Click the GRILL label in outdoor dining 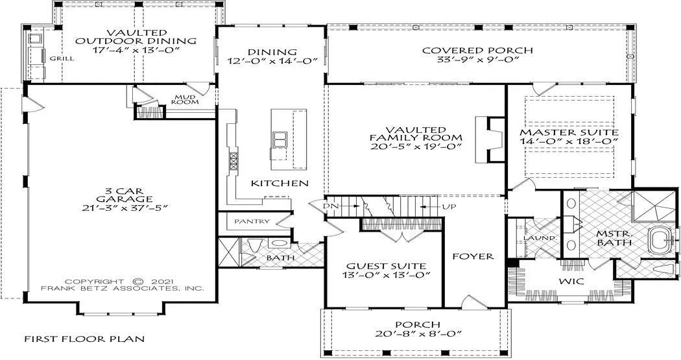click(x=61, y=58)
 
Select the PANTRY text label click(x=252, y=221)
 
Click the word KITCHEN click(x=280, y=184)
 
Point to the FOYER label click(x=473, y=256)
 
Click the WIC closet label click(x=571, y=281)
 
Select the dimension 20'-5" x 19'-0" click(x=416, y=147)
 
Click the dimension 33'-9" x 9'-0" click(x=477, y=60)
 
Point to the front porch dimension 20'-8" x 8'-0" click(x=418, y=333)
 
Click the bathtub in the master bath click(x=661, y=240)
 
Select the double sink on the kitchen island click(x=279, y=140)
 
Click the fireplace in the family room click(x=490, y=139)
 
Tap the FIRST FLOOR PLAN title click(x=84, y=339)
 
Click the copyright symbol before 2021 click(x=138, y=281)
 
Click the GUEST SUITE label click(x=386, y=266)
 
